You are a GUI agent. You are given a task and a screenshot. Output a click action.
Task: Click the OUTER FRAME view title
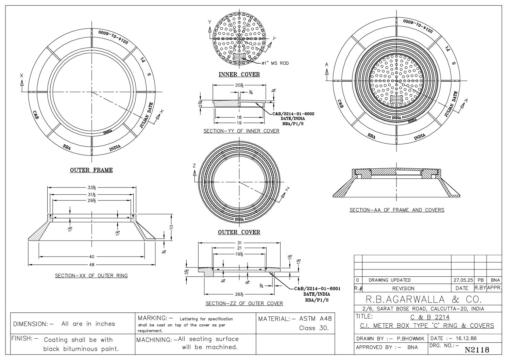tap(91, 170)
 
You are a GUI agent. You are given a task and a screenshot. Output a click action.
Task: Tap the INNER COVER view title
tap(239, 75)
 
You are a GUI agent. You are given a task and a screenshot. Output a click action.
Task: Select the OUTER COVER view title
tap(239, 232)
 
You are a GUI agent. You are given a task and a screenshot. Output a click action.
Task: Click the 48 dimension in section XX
tap(91, 264)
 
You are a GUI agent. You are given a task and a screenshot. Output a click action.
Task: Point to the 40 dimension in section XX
tap(91, 257)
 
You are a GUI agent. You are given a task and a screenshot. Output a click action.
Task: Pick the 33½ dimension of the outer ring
tap(91, 187)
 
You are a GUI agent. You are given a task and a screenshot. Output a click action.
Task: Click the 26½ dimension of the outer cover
tap(239, 294)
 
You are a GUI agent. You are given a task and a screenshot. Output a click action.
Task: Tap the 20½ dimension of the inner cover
tap(239, 86)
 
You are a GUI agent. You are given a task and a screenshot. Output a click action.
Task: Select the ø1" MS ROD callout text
tap(275, 63)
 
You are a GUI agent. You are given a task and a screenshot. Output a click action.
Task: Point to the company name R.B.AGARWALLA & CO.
tap(423, 299)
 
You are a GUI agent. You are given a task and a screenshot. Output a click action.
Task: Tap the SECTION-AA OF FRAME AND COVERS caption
tap(397, 210)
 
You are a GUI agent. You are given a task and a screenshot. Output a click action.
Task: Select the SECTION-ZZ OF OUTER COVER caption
tap(244, 303)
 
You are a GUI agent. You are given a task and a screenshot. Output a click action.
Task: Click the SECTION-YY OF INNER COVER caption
tap(241, 131)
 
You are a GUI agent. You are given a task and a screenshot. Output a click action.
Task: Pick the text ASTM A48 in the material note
tap(315, 319)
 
